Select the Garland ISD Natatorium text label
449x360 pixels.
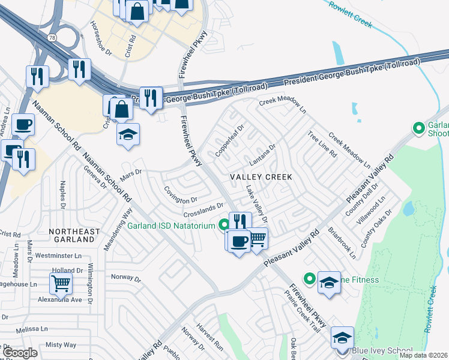point(170,226)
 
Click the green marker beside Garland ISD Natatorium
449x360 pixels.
point(224,226)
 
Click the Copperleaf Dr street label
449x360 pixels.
point(231,139)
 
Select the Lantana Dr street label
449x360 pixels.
point(262,155)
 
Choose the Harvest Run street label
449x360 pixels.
point(209,342)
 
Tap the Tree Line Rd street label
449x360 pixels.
point(322,145)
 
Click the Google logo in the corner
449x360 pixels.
point(20,353)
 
